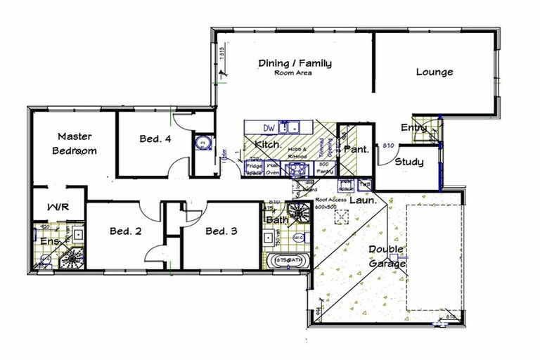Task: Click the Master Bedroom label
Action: [72, 143]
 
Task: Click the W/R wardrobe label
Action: [57, 208]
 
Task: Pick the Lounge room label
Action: [434, 72]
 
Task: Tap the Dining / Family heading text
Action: [294, 63]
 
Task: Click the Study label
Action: [409, 162]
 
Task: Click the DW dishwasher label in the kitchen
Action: [268, 127]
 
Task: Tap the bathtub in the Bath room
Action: [288, 261]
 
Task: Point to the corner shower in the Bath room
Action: [301, 212]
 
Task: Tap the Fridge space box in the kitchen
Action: [253, 169]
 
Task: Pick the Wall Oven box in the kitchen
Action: [274, 169]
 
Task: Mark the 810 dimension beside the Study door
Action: [387, 146]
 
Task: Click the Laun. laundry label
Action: [364, 200]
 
